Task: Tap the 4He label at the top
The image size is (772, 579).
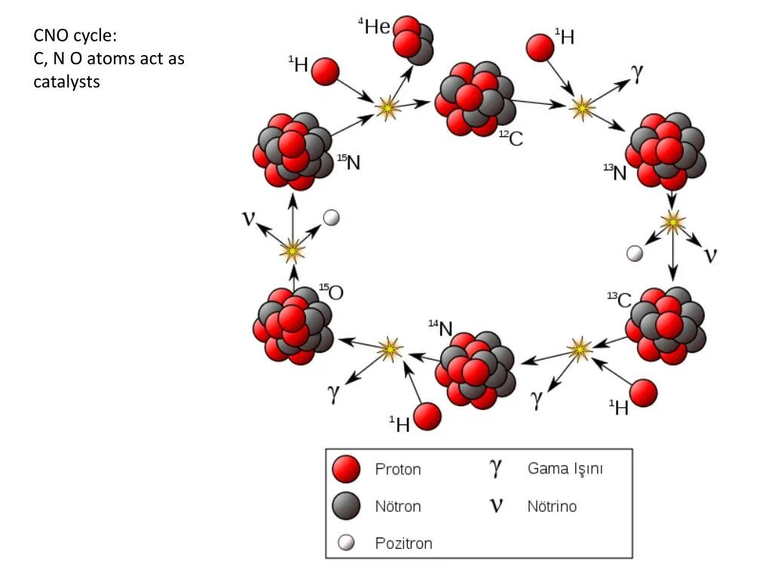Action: [x=374, y=27]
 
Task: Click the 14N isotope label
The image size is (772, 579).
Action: [x=440, y=328]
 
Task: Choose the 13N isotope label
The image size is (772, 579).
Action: [x=615, y=173]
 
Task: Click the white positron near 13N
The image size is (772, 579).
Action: [x=636, y=253]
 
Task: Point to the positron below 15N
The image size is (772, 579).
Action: [x=331, y=217]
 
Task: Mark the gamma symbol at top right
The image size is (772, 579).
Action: [x=637, y=72]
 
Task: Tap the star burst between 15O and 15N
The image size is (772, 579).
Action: [x=292, y=250]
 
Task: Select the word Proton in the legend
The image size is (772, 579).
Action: [x=398, y=469]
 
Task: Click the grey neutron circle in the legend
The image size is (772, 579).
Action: [x=346, y=506]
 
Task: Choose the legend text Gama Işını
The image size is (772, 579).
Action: [x=565, y=468]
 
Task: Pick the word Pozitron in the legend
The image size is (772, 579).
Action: [x=403, y=543]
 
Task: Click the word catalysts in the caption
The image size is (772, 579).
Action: [x=66, y=81]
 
